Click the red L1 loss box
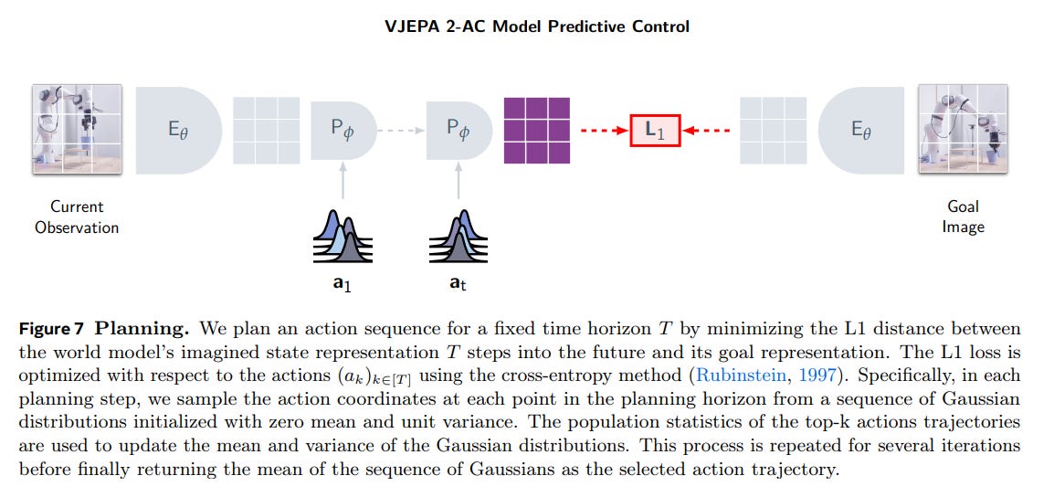[x=655, y=131]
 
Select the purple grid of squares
[x=537, y=131]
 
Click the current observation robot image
[x=76, y=130]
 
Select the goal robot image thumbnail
[x=963, y=130]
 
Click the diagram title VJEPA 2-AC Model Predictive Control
[x=537, y=26]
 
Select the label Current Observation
[x=77, y=217]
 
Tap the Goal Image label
[x=963, y=217]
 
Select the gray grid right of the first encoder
[x=267, y=131]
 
